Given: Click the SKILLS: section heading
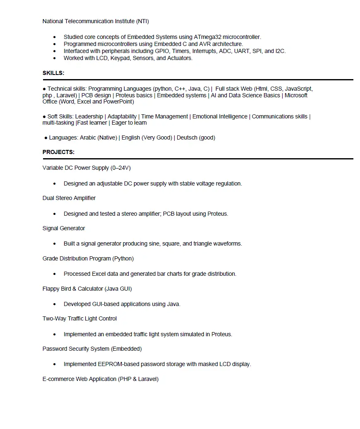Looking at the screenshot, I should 53,73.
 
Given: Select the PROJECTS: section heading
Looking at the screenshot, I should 58,152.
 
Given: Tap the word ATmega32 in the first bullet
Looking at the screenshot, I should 208,37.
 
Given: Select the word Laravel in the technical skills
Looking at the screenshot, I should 66,95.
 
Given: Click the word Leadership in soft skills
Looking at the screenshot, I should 89,117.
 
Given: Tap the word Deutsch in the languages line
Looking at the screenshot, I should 187,138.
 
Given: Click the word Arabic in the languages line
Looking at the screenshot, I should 88,138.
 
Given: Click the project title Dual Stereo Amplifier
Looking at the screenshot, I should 69,198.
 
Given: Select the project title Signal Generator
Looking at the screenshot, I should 64,229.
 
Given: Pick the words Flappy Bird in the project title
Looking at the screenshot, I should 56,289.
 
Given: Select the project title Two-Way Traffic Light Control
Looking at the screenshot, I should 79,319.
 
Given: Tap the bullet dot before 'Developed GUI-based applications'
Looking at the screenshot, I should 55,304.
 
